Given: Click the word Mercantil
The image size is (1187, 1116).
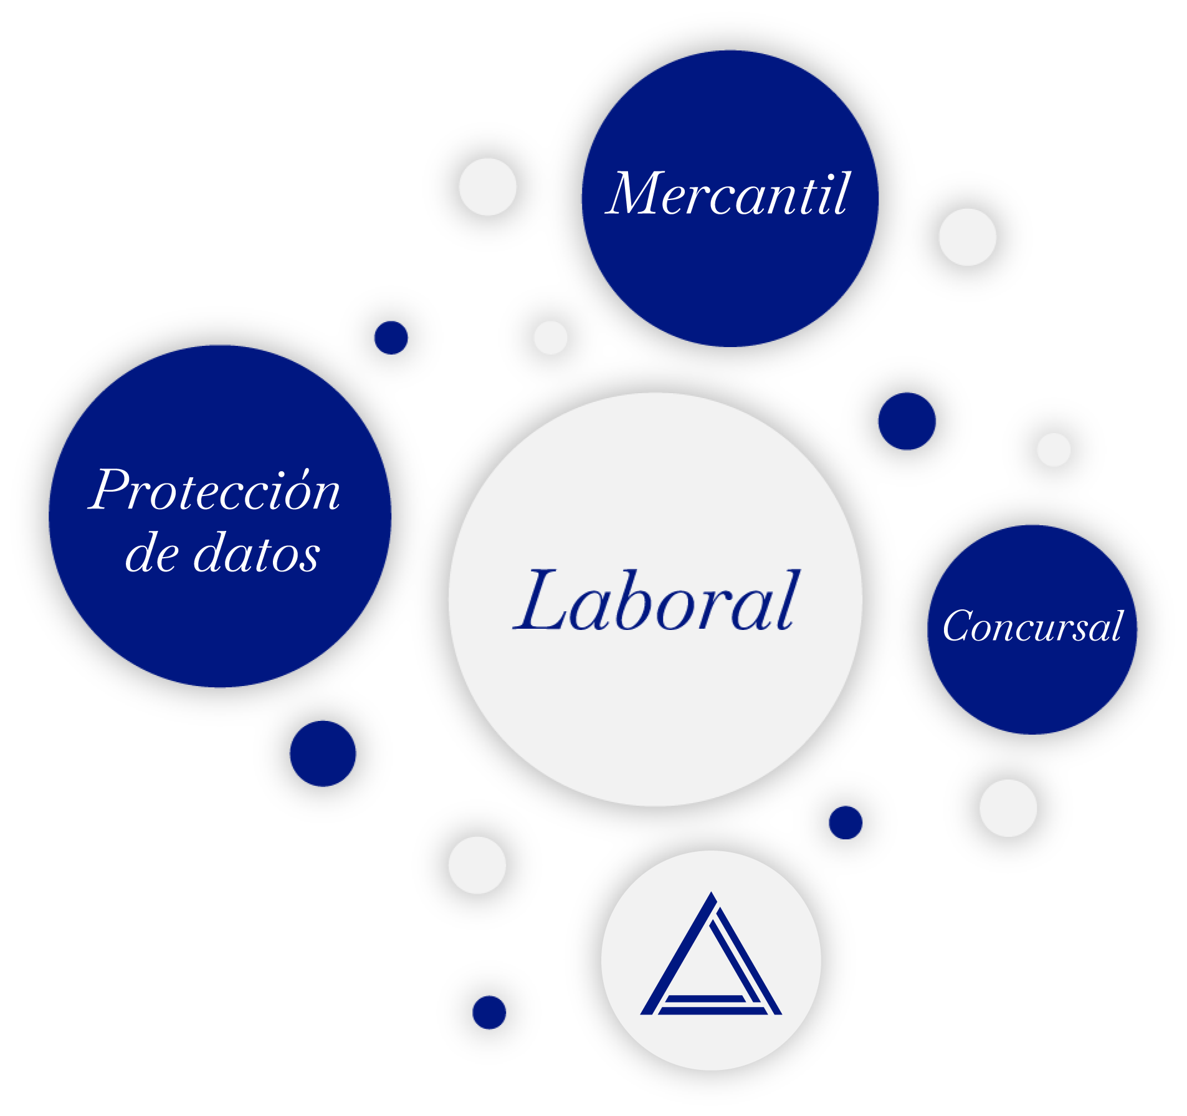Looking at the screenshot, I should [728, 194].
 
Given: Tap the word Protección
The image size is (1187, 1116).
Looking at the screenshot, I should [215, 491].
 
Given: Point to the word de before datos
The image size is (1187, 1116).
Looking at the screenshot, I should [152, 553].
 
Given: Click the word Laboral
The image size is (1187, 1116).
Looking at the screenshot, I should [655, 601].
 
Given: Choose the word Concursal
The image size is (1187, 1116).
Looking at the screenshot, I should [1032, 626].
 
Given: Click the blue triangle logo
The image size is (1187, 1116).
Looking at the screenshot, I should [711, 960].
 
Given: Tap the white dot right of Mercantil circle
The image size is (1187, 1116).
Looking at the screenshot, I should [967, 237].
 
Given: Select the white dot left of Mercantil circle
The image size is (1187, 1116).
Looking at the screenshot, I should [487, 187].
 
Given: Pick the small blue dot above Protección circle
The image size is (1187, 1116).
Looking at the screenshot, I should [391, 338].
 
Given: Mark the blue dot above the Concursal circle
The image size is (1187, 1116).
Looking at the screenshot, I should [907, 421].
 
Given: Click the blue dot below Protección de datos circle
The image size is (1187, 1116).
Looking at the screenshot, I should [323, 754].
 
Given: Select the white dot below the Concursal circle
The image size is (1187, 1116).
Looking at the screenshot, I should [1008, 808].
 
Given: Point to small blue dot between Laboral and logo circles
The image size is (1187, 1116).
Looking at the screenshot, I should [846, 823].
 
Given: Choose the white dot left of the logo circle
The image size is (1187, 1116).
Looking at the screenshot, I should [477, 865].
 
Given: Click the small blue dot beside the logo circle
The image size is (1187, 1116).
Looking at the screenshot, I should [489, 1013].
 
